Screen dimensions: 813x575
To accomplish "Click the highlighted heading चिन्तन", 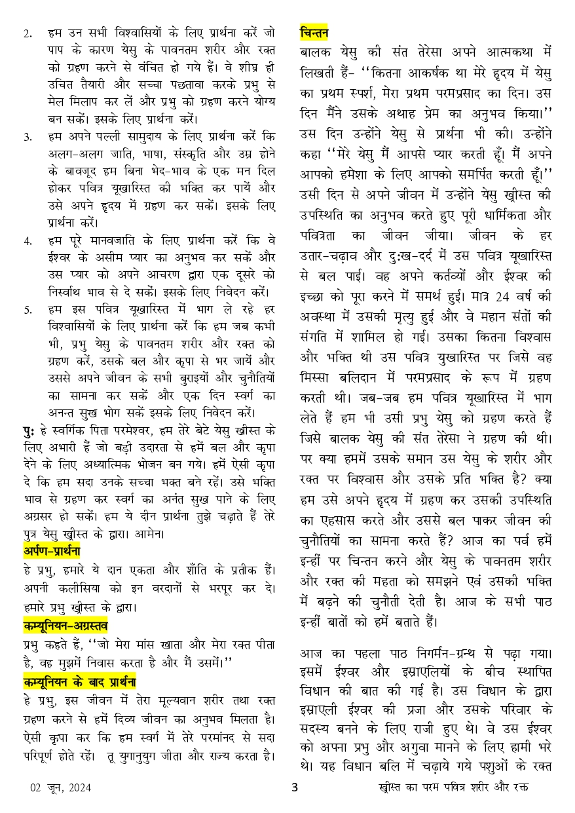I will [x=314, y=31].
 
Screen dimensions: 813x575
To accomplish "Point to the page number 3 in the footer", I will [x=295, y=787].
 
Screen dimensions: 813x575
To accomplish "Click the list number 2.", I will [x=28, y=32].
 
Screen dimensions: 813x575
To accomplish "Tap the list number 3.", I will [x=28, y=137].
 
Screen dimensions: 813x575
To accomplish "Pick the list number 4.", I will [x=28, y=240].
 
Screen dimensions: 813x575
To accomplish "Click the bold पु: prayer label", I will [x=28, y=430].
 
